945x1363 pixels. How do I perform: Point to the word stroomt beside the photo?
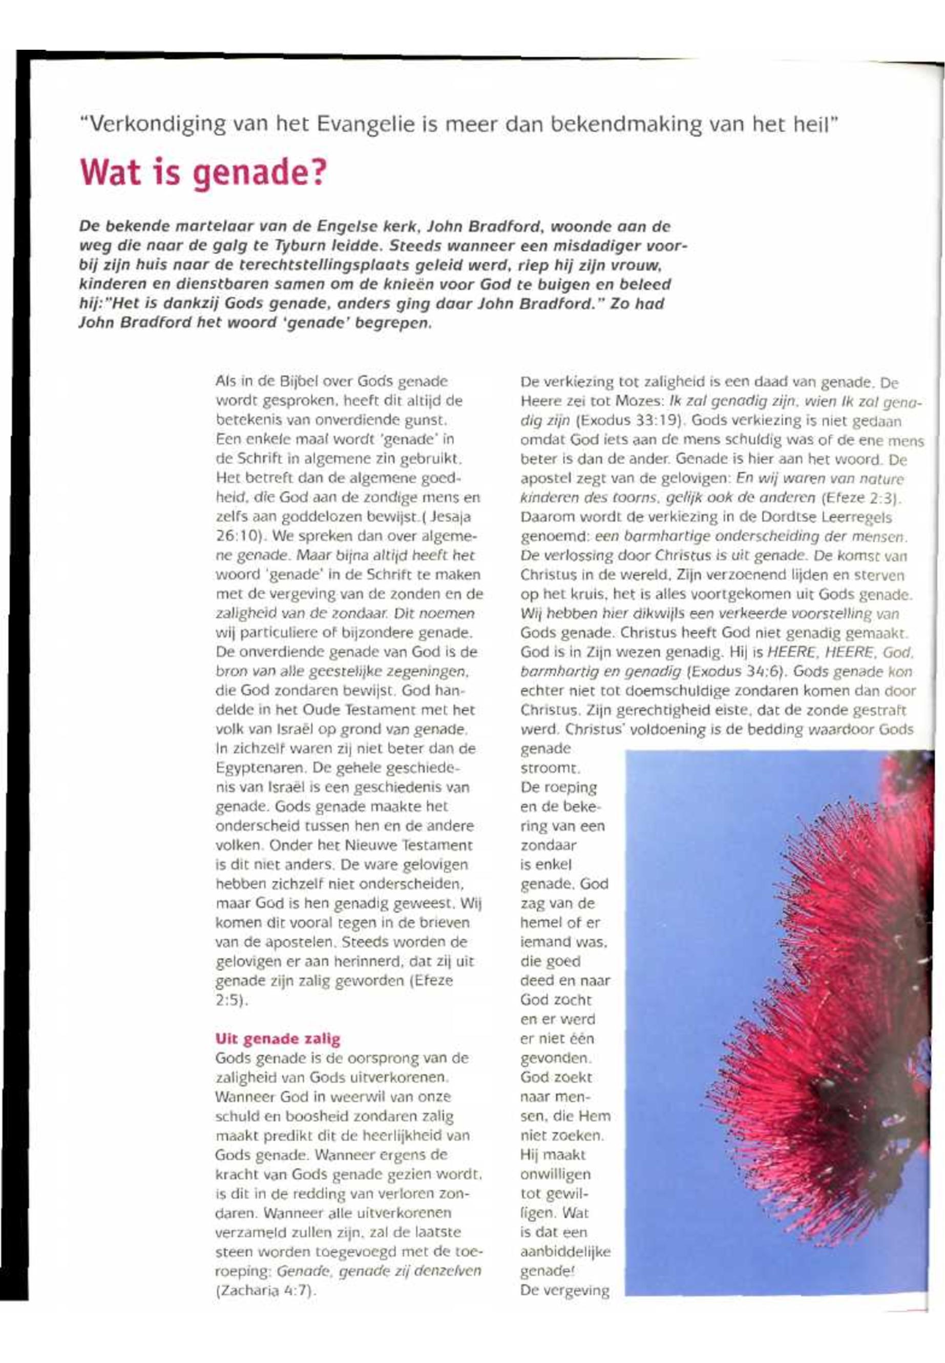(x=550, y=768)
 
